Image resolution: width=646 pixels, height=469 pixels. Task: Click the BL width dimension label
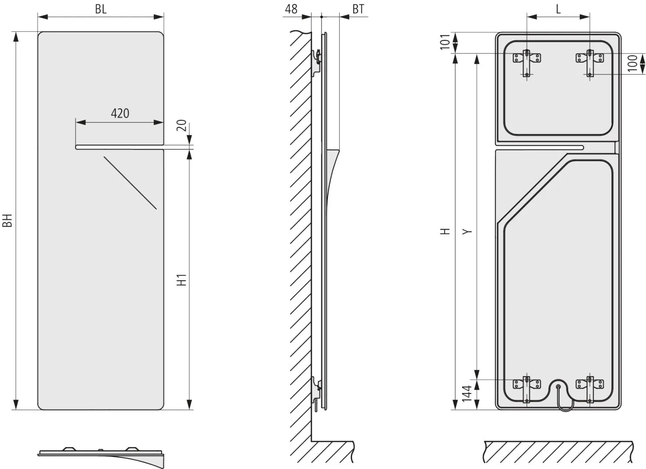pyautogui.click(x=101, y=9)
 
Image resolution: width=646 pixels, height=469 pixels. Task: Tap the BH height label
pyautogui.click(x=7, y=221)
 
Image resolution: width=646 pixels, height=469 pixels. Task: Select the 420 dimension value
pyautogui.click(x=120, y=113)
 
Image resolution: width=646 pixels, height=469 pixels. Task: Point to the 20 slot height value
pyautogui.click(x=181, y=125)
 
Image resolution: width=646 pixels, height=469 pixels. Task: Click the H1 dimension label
pyautogui.click(x=181, y=280)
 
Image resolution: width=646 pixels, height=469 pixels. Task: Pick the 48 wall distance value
pyautogui.click(x=291, y=9)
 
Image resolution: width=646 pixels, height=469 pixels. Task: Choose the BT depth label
pyautogui.click(x=359, y=9)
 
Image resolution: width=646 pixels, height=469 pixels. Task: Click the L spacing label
pyautogui.click(x=558, y=9)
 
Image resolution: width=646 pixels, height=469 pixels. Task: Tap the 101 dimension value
pyautogui.click(x=445, y=42)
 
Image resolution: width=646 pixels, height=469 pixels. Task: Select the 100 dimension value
pyautogui.click(x=633, y=63)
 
